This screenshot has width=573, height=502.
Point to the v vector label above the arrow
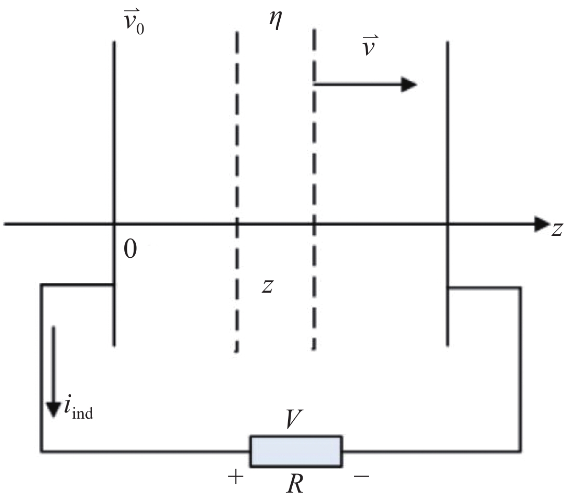tap(370, 46)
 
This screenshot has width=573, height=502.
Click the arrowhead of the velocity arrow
tap(409, 85)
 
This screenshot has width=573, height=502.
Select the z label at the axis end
tap(556, 230)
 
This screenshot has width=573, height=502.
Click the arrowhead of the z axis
tap(542, 224)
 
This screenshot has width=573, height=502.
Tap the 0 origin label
tap(131, 249)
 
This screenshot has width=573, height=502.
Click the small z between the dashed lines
tap(268, 286)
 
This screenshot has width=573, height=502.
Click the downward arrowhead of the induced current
tap(54, 410)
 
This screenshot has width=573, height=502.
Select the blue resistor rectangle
tap(296, 451)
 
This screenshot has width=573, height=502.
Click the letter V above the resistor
tap(294, 419)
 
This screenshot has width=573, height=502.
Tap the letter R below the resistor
tap(295, 484)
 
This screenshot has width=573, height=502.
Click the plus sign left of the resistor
tap(236, 477)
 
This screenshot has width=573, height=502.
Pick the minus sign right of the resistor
tap(361, 476)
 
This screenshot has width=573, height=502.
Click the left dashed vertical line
tap(237, 192)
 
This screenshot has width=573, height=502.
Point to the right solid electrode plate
tap(448, 194)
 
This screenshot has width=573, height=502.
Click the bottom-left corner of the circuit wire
tap(42, 451)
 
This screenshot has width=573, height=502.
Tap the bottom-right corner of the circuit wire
tap(519, 451)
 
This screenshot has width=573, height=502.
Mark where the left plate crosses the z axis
tap(114, 223)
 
